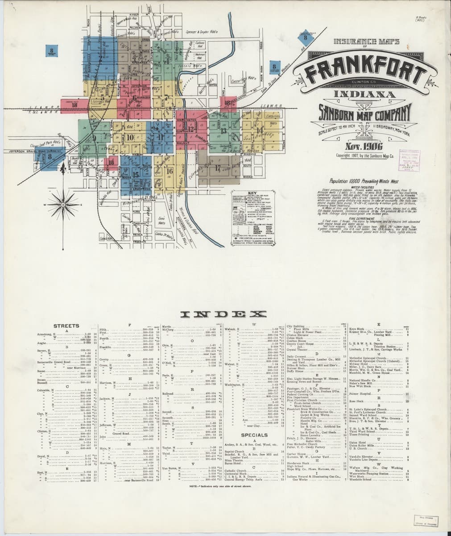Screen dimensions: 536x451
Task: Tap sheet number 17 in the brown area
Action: [217, 168]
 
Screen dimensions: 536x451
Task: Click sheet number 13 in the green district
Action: [223, 131]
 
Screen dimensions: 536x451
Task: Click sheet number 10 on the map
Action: [130, 138]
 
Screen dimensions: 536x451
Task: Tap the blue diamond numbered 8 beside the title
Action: [305, 38]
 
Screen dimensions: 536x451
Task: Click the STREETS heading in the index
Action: [66, 326]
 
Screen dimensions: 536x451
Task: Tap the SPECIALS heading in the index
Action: [254, 435]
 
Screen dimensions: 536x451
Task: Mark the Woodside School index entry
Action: [361, 480]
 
